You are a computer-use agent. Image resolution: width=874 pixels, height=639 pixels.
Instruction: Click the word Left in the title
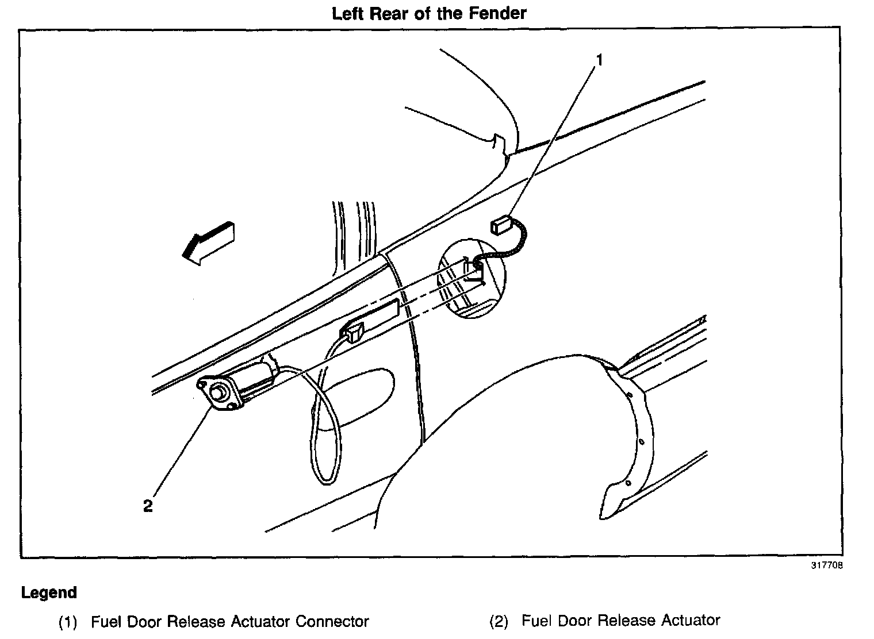tap(347, 13)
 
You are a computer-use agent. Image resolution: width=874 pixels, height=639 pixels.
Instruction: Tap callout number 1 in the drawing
tap(599, 60)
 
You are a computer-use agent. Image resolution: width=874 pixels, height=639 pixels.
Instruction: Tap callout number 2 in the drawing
tap(148, 506)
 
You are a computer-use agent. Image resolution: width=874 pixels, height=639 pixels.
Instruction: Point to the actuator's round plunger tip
tap(217, 394)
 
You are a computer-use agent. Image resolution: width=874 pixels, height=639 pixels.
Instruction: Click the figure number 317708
tap(827, 565)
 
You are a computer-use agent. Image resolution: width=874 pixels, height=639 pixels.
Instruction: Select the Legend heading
tap(49, 592)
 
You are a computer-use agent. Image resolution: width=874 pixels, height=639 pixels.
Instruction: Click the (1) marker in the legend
tap(68, 622)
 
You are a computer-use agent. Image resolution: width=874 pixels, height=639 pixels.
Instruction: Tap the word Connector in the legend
tap(332, 621)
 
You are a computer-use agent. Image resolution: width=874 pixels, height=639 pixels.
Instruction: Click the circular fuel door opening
tap(471, 279)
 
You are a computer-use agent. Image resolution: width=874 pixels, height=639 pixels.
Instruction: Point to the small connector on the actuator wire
tap(352, 332)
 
